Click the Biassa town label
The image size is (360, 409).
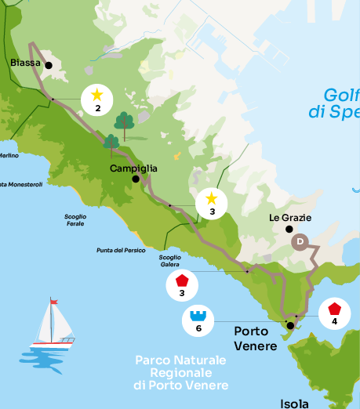pos(25,63)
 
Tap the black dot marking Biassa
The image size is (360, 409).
pos(49,66)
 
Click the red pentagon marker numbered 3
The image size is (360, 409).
pos(182,284)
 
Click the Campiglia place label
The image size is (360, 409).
pos(133,168)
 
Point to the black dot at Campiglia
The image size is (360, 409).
pos(136,179)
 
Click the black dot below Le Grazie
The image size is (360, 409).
pos(289,230)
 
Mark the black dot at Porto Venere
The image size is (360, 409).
pos(290,325)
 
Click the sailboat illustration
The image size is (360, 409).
pos(53,324)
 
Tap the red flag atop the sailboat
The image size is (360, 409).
pos(53,302)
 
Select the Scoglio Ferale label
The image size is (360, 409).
pos(75,219)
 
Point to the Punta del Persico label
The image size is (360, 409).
pos(115,250)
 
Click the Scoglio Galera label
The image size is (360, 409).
pos(169,261)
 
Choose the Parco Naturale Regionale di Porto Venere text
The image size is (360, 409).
pos(180,373)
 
